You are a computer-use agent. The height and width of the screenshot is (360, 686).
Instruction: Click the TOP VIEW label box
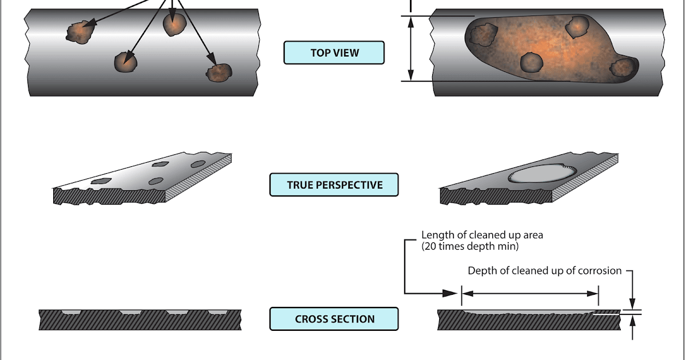(x=334, y=53)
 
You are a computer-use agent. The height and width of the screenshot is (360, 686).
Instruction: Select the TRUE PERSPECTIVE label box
(x=334, y=185)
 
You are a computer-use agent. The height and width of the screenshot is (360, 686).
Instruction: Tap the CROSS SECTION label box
(x=334, y=319)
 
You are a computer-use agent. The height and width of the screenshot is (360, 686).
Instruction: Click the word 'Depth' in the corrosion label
(x=481, y=271)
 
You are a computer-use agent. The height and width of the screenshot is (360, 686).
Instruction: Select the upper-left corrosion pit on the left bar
(x=79, y=32)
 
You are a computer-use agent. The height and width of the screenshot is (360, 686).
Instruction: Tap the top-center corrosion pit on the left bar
(x=174, y=24)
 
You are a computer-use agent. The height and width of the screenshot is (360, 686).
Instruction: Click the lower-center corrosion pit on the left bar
(x=126, y=62)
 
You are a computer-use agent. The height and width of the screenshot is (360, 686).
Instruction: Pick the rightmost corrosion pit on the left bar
(x=219, y=72)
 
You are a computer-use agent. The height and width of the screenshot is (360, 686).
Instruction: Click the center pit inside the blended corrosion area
(x=532, y=62)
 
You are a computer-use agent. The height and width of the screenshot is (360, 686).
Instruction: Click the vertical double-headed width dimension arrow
(x=410, y=48)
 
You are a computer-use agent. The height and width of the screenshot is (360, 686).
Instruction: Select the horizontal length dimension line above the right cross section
(x=530, y=293)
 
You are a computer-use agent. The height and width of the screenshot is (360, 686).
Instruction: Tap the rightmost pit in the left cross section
(x=217, y=312)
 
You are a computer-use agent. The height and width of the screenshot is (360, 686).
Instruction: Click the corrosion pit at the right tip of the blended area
(x=623, y=67)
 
